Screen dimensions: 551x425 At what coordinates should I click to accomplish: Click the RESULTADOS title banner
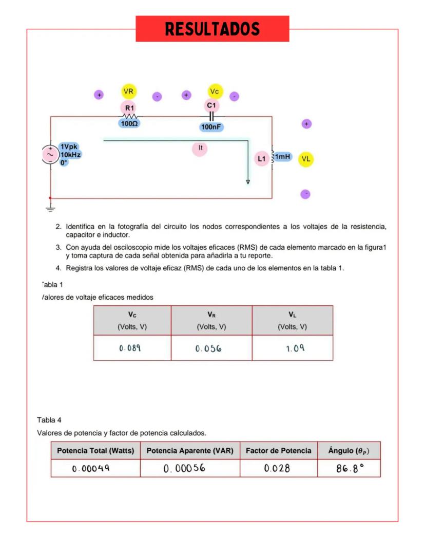[212, 29]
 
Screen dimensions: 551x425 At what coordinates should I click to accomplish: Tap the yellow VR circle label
[129, 91]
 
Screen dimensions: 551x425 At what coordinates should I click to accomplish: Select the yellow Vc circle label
[215, 91]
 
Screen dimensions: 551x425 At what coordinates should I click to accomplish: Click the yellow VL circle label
[306, 159]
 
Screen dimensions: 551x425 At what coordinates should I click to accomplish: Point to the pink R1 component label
[129, 108]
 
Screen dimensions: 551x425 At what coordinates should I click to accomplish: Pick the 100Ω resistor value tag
[129, 123]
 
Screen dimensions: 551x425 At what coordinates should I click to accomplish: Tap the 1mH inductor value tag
[282, 156]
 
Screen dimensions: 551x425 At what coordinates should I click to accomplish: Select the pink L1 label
[262, 159]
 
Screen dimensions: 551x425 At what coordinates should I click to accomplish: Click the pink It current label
[200, 148]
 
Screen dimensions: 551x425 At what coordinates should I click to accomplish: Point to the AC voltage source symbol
[50, 155]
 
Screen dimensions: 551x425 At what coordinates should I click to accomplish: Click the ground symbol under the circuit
[50, 208]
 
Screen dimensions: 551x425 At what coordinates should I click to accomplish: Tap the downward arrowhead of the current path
[248, 181]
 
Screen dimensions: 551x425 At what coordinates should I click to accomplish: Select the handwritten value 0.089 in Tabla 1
[130, 348]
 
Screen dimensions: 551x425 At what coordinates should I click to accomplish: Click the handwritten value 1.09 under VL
[295, 348]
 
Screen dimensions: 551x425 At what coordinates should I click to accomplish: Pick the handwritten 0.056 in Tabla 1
[208, 348]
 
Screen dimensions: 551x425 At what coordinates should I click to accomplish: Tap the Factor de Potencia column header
[278, 451]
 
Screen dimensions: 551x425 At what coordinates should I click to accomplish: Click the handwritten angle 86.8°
[349, 468]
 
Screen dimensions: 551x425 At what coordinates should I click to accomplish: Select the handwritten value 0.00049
[91, 469]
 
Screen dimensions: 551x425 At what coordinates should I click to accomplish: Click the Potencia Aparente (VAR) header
[190, 451]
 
